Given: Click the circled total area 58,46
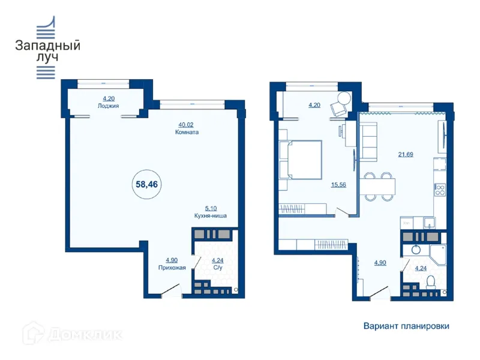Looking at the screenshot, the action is click(x=146, y=184).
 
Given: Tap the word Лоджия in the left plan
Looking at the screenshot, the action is click(x=109, y=106).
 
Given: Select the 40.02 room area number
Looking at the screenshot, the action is click(x=186, y=125).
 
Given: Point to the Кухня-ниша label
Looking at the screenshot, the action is click(x=211, y=215).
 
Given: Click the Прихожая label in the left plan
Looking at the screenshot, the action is click(x=172, y=268).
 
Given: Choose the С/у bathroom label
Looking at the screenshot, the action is click(x=218, y=268).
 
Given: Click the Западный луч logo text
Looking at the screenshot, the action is click(x=48, y=51).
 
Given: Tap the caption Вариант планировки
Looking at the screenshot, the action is click(x=406, y=326).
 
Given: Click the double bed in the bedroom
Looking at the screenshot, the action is click(x=305, y=160).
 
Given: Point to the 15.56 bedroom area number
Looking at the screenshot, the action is click(x=338, y=185).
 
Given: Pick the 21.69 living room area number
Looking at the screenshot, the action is click(x=406, y=154).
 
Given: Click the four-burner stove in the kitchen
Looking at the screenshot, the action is click(x=440, y=190).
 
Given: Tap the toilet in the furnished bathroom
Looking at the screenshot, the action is click(x=431, y=282).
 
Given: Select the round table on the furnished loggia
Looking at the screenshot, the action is click(x=344, y=99).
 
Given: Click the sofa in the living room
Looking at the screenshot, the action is click(x=368, y=142).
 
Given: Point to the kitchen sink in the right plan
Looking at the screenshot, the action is click(x=430, y=223).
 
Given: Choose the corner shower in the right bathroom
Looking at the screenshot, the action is click(x=438, y=254).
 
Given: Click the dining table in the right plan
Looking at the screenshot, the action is click(x=377, y=187).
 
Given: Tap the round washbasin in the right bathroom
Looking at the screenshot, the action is click(x=416, y=250).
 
